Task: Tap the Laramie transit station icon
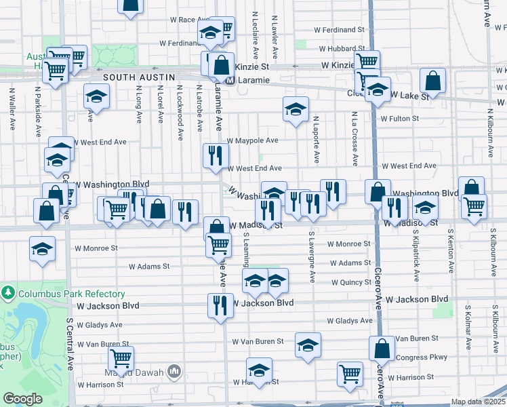(230, 80)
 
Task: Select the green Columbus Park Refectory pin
(8, 294)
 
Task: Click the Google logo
(22, 399)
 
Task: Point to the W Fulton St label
(400, 119)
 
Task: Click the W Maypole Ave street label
(252, 141)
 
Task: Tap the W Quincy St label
(351, 282)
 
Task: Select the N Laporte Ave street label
(316, 139)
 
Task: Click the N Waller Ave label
(12, 109)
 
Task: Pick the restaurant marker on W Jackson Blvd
(220, 305)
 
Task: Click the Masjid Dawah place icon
(174, 371)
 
